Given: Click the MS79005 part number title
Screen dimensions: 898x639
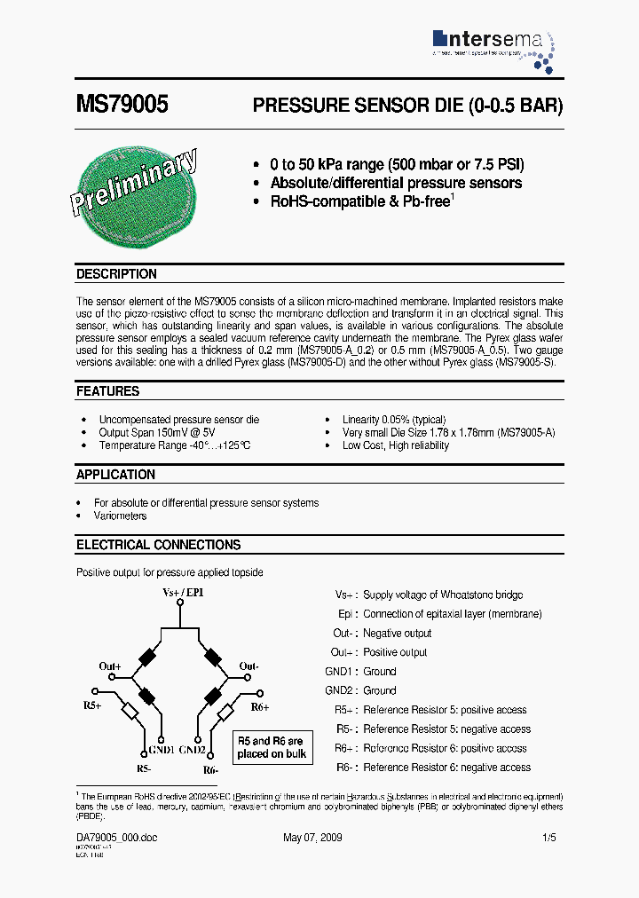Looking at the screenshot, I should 122,105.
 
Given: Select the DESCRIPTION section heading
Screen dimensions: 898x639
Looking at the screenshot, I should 116,274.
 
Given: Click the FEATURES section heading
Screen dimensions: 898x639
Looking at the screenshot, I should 107,391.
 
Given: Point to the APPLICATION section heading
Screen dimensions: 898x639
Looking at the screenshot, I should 115,475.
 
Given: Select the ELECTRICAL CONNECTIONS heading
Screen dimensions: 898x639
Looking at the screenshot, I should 158,545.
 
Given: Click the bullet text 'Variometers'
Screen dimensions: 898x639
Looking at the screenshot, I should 121,516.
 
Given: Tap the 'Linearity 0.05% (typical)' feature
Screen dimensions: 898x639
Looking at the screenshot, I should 394,419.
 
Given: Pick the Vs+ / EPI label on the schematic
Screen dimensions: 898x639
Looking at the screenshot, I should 183,592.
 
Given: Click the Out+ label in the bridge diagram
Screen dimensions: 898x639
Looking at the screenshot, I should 110,666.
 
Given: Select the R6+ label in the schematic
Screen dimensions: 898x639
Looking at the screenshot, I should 259,706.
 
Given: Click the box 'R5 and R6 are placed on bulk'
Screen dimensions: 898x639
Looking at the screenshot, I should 271,747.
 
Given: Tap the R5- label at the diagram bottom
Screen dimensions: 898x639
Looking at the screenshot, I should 144,769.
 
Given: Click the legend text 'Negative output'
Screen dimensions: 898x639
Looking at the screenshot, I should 397,634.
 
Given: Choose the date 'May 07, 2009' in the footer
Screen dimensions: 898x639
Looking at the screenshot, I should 312,838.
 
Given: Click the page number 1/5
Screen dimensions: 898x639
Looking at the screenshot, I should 550,838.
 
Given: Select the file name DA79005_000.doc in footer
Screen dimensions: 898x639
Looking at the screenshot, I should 116,838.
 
